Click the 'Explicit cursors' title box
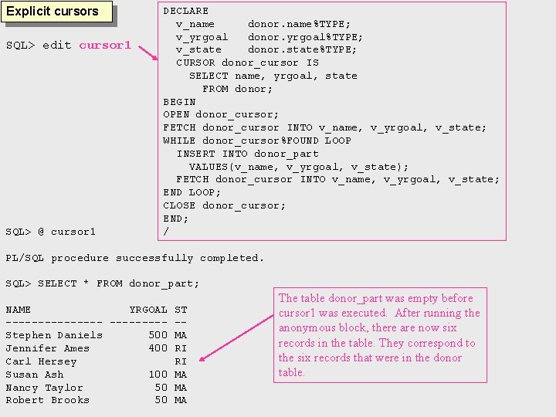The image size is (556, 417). click(x=53, y=12)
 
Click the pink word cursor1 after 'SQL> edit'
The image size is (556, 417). click(x=106, y=45)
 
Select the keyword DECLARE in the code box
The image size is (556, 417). click(x=185, y=11)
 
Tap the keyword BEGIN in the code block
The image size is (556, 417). click(x=179, y=101)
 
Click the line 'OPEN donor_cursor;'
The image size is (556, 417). click(x=221, y=114)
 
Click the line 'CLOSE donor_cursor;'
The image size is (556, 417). click(x=224, y=205)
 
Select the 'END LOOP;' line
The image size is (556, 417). click(x=192, y=192)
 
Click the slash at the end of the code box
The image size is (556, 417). click(x=166, y=231)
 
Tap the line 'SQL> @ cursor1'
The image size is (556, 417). click(x=51, y=232)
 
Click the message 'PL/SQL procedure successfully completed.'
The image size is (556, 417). click(x=134, y=258)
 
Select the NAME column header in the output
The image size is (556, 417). click(x=19, y=309)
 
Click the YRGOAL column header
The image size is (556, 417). click(x=148, y=309)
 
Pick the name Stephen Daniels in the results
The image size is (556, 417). click(x=54, y=335)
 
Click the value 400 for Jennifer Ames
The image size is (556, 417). click(x=158, y=348)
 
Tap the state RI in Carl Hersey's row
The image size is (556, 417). click(x=181, y=361)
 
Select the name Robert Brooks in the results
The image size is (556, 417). click(x=48, y=400)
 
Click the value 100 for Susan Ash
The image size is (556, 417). click(x=158, y=375)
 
